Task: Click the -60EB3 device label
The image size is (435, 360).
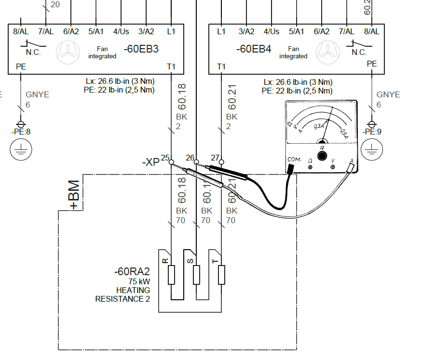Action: point(141,49)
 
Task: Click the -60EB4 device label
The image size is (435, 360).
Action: point(254,49)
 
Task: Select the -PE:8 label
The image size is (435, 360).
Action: point(20,132)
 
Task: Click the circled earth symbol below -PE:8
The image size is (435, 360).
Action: point(20,150)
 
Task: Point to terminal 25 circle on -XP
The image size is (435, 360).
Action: point(171,162)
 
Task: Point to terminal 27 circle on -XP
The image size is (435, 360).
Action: point(221,162)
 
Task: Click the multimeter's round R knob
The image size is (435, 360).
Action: point(322,156)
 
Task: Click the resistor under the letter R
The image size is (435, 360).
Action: point(171,275)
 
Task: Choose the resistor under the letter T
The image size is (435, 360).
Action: point(221,275)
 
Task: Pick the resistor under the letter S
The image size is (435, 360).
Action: point(196,275)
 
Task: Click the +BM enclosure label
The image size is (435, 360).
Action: point(74,195)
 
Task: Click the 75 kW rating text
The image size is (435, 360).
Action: point(139,281)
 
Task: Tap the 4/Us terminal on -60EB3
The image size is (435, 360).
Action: point(121,31)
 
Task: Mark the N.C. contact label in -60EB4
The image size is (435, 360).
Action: point(359,53)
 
